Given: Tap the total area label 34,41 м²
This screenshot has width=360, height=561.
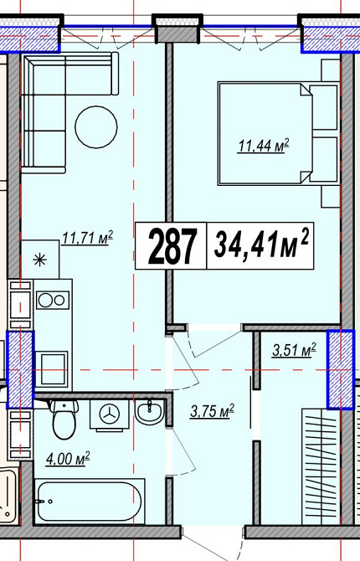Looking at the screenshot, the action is [x=261, y=245].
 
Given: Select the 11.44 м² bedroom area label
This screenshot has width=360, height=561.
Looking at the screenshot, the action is [x=264, y=147].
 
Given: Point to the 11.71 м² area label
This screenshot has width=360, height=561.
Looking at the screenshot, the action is [x=88, y=238].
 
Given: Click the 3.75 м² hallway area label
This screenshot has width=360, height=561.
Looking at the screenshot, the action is [x=212, y=411].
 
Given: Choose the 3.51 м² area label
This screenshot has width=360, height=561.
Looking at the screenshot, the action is [x=294, y=350].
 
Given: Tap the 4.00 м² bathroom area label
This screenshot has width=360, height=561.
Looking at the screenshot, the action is [x=68, y=459].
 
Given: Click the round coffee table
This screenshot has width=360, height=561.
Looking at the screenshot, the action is [x=96, y=126].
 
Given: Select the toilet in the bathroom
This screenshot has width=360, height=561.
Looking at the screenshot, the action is [x=64, y=419].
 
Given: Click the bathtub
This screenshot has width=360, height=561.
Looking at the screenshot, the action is [x=90, y=502].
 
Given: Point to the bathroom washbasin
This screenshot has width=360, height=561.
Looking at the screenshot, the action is [x=150, y=411].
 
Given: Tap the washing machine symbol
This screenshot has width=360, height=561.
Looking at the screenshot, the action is [x=109, y=414].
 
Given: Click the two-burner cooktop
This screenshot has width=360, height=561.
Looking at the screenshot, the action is [x=53, y=301].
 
